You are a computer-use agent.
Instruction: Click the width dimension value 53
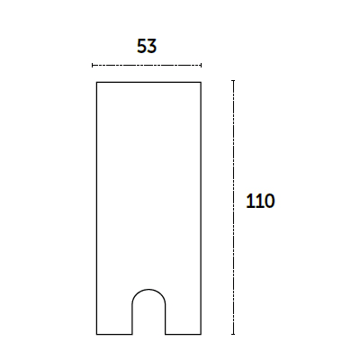147,46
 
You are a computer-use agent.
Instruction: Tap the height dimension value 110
260,201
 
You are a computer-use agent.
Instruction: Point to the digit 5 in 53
141,46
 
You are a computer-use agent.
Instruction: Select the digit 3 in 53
152,46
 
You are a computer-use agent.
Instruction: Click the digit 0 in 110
269,201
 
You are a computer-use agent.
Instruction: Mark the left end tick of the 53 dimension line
93,65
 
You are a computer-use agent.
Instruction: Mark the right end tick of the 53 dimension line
201,65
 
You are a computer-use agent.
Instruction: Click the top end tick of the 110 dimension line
233,81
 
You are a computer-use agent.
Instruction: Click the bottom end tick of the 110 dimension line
233,334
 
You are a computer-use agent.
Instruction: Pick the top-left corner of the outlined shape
96,82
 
